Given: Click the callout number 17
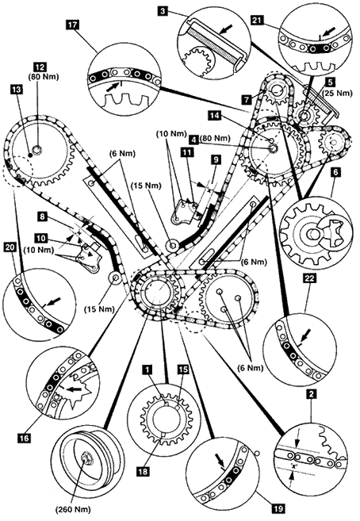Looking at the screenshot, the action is pyautogui.click(x=73, y=25).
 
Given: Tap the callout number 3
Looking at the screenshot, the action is pyautogui.click(x=163, y=11).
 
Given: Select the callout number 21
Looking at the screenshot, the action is pyautogui.click(x=258, y=21).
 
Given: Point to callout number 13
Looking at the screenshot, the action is pyautogui.click(x=16, y=89).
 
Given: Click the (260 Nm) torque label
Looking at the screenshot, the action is pyautogui.click(x=73, y=508).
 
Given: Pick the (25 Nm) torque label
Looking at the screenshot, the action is pyautogui.click(x=338, y=94).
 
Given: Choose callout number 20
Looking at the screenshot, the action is pyautogui.click(x=9, y=247).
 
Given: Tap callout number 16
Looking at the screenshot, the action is pyautogui.click(x=25, y=438).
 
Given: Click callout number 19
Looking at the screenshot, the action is pyautogui.click(x=278, y=508).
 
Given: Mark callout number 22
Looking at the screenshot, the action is pyautogui.click(x=309, y=278).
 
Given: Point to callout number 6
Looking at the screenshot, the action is pyautogui.click(x=335, y=172).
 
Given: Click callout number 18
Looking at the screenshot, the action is pyautogui.click(x=144, y=471).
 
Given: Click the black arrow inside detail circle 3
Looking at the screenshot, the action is pyautogui.click(x=227, y=29).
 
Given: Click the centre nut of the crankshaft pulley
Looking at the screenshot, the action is pyautogui.click(x=87, y=459).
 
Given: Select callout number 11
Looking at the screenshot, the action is pyautogui.click(x=187, y=152).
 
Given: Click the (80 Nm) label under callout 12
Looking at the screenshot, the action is pyautogui.click(x=44, y=77).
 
